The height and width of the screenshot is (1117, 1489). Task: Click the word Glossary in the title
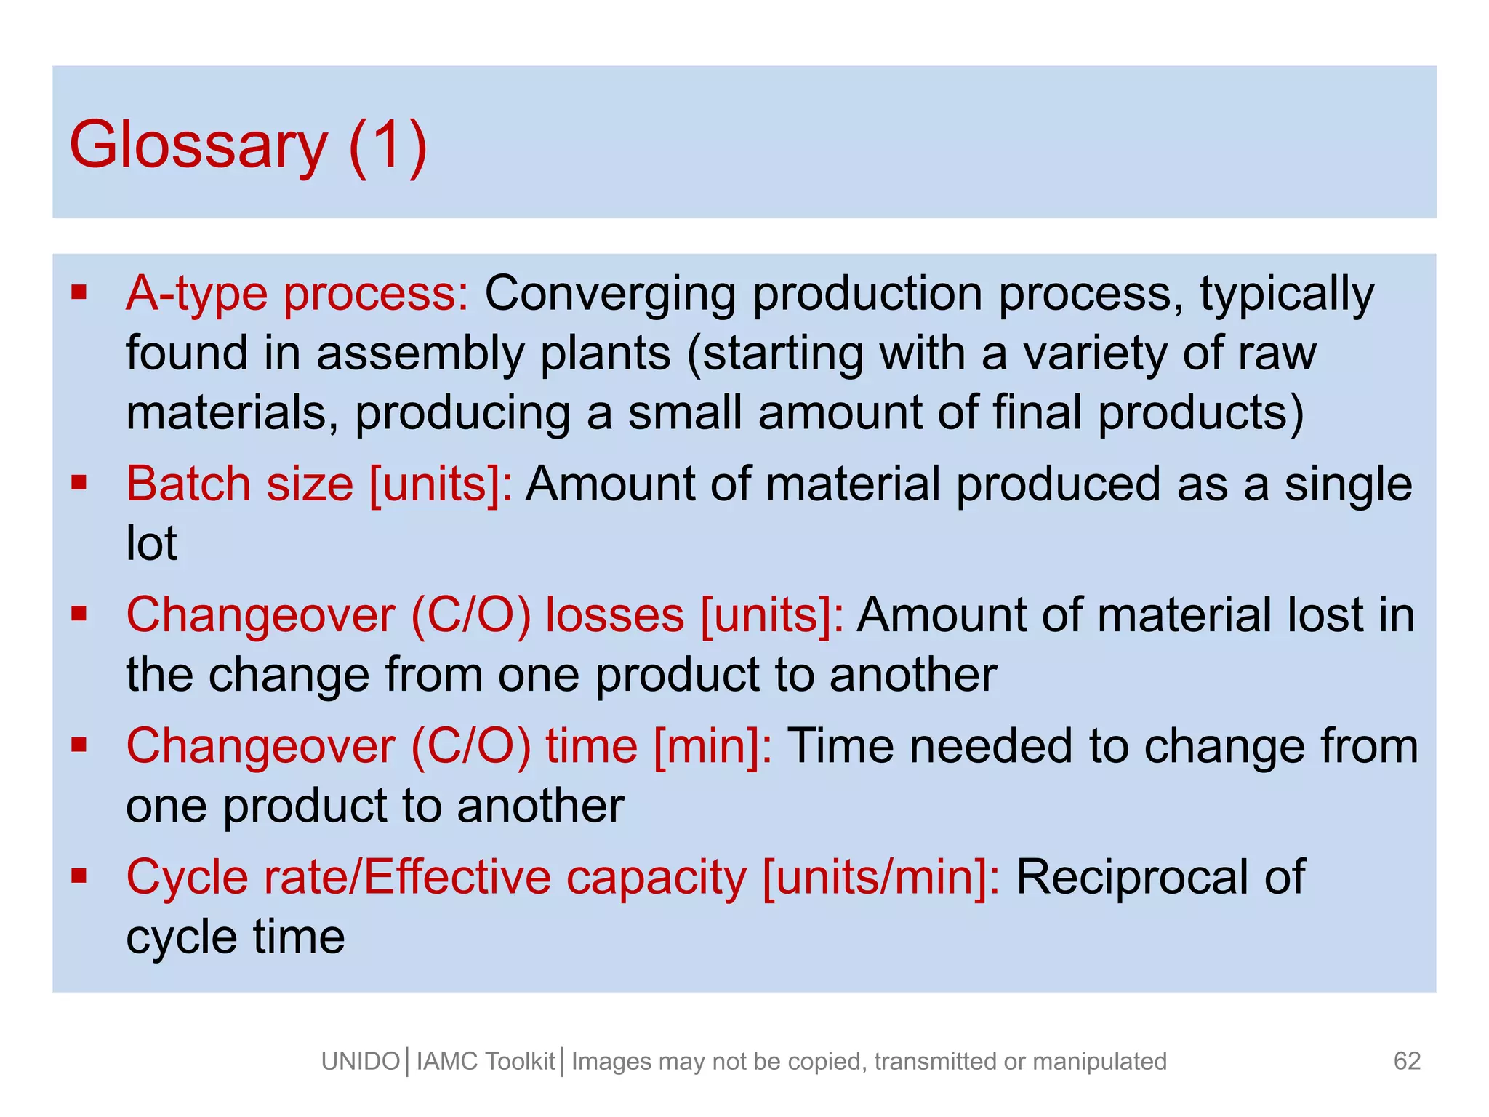(198, 145)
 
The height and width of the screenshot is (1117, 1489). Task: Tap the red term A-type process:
(297, 294)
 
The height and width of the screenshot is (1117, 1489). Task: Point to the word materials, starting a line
(232, 412)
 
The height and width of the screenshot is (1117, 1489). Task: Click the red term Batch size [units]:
(319, 484)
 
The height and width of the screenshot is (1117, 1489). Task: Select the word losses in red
(615, 615)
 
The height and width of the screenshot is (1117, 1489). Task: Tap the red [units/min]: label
(881, 877)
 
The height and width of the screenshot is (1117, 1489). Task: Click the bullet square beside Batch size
(79, 482)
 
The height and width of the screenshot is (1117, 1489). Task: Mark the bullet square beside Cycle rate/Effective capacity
(79, 875)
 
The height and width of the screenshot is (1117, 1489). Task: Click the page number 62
(1407, 1061)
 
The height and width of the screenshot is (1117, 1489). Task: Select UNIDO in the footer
(361, 1062)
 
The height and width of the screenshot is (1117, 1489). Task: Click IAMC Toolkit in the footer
(486, 1062)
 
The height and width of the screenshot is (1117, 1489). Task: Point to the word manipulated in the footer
(1099, 1062)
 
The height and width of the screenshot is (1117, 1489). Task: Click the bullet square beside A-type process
(79, 292)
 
